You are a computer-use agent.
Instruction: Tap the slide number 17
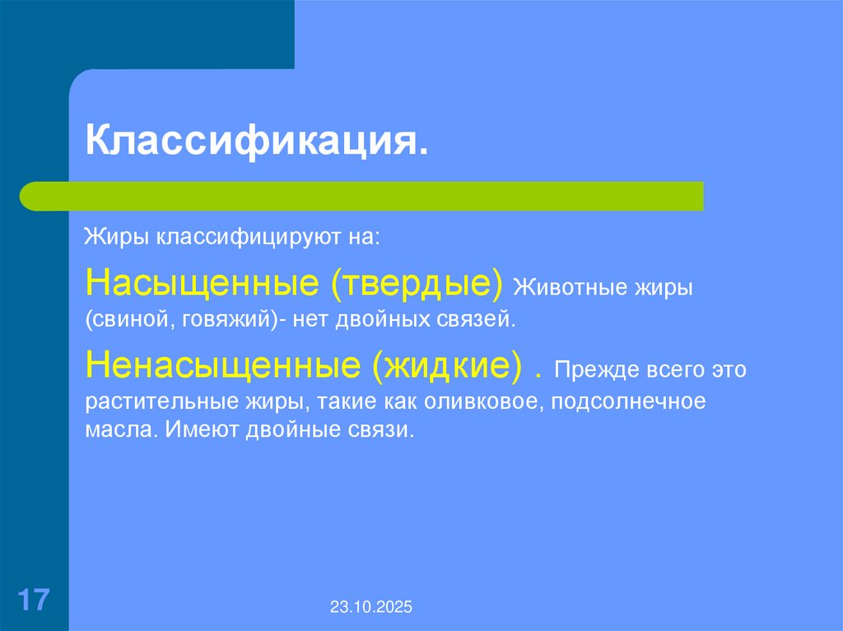pos(33,599)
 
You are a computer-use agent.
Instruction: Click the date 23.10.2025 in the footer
pos(372,608)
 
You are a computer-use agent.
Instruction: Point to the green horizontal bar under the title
pos(362,196)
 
